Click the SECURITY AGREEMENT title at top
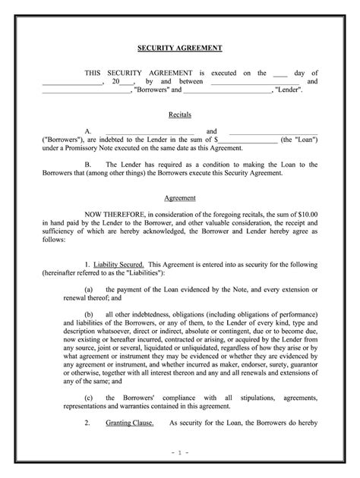coord(180,47)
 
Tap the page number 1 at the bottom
coord(180,452)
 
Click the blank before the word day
coord(279,73)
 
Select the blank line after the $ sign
coord(248,140)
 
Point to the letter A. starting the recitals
coord(89,131)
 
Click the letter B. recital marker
coord(89,164)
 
